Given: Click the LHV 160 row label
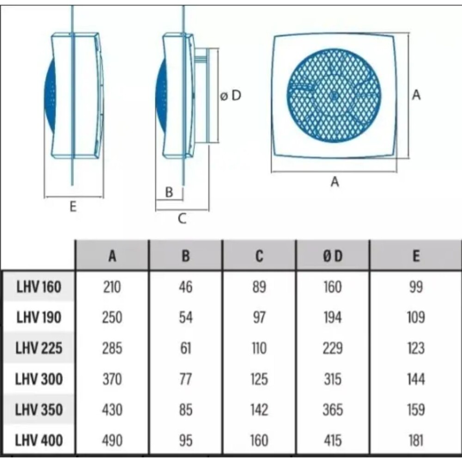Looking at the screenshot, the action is (39, 287).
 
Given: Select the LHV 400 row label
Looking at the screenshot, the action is (39, 440).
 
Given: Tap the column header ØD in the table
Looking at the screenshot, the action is (333, 256).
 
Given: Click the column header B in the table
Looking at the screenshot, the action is (186, 256).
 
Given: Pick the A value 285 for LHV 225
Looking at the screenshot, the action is (112, 348).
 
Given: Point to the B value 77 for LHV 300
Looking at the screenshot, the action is (186, 379).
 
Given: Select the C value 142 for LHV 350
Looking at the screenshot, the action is (259, 409).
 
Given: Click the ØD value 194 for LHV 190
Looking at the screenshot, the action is (333, 318).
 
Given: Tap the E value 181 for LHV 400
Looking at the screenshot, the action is (416, 440).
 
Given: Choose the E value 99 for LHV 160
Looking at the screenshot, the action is (416, 287).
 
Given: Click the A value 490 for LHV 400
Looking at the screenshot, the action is (112, 440).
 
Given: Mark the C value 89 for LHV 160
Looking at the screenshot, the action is (259, 287).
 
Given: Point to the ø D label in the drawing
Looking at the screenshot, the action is (231, 96).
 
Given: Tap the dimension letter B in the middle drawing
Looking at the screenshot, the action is (169, 192).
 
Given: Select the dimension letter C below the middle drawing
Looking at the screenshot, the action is (182, 219).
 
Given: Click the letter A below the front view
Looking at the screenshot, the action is (334, 182).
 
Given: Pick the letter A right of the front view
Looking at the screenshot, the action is (416, 95).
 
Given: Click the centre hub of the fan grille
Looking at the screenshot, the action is (334, 96).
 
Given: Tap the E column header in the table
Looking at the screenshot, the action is (416, 256).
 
